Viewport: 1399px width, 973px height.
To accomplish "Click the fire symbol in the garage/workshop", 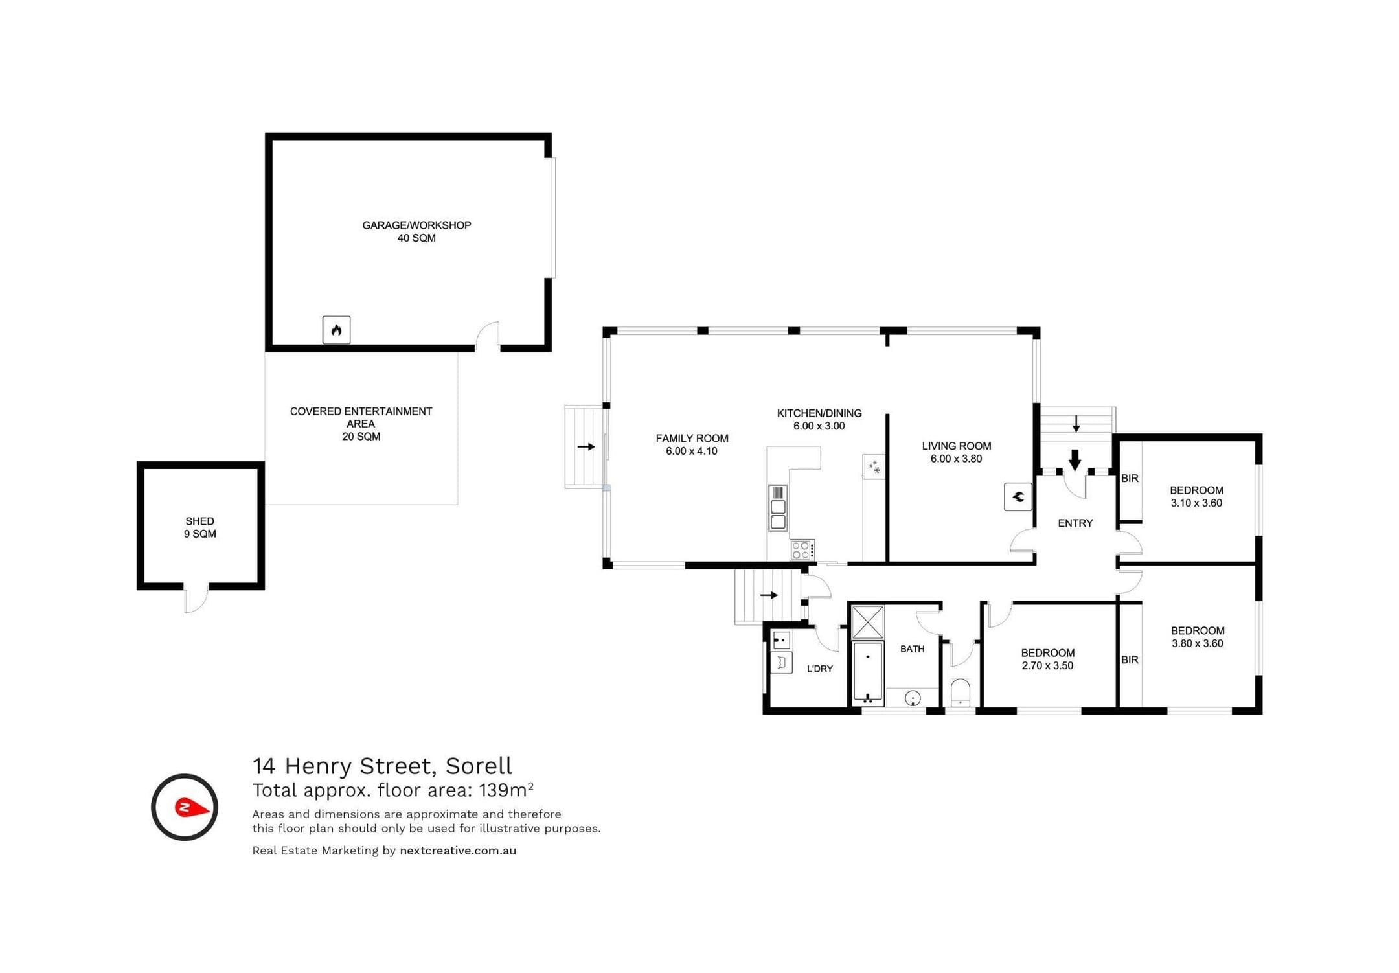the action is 336,330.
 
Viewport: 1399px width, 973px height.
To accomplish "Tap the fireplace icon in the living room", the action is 1018,497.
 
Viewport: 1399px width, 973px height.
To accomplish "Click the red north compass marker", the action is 192,807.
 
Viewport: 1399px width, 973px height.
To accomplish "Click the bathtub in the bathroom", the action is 868,672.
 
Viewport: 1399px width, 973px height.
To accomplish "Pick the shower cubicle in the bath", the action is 867,622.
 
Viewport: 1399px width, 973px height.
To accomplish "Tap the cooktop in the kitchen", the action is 802,550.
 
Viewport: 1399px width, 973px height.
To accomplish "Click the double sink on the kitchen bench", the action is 778,507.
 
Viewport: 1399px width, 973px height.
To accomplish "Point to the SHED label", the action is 199,521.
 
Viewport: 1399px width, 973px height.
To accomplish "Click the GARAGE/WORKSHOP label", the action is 416,225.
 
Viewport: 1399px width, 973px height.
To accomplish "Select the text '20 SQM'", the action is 361,437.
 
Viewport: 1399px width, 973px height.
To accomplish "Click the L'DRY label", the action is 820,669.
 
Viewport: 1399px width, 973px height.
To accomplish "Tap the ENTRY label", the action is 1075,523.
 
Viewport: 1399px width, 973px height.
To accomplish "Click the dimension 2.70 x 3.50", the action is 1047,665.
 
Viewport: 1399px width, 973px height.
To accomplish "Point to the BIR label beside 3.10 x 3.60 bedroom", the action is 1130,479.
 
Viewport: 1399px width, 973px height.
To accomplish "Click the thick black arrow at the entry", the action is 1075,460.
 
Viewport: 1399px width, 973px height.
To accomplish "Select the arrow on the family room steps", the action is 586,446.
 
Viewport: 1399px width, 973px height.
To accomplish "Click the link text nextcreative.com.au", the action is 458,851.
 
